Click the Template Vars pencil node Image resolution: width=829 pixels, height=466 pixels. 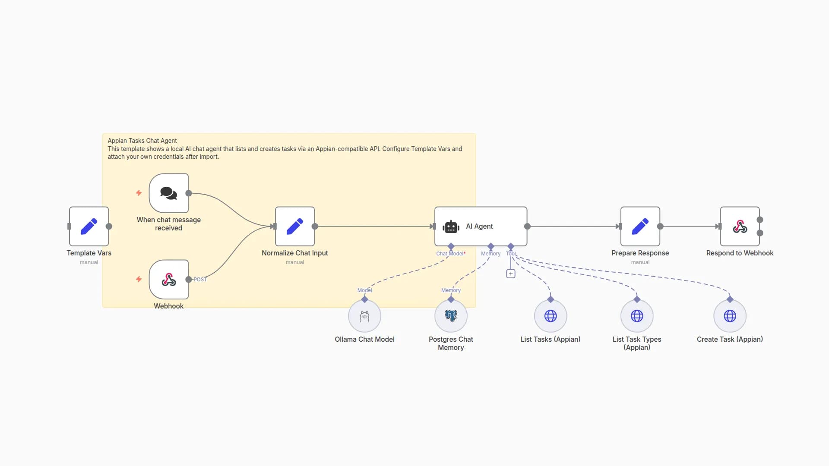(x=89, y=227)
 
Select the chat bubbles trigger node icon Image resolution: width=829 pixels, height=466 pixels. (x=168, y=193)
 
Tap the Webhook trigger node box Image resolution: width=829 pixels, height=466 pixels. (x=168, y=280)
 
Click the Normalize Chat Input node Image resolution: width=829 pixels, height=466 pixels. (x=295, y=227)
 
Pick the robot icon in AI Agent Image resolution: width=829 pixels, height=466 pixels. (x=451, y=227)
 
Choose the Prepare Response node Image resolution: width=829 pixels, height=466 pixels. (x=640, y=227)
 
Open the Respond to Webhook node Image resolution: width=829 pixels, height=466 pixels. (x=740, y=227)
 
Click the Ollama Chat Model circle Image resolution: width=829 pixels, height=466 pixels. (x=364, y=316)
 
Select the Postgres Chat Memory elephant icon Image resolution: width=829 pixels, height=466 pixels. (x=451, y=316)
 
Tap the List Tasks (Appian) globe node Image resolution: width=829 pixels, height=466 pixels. (x=551, y=316)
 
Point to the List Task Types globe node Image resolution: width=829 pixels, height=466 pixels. (x=637, y=316)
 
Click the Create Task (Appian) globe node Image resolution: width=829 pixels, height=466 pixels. (x=730, y=316)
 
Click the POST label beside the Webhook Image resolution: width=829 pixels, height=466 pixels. (x=200, y=280)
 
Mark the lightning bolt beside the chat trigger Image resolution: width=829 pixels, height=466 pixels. (x=139, y=193)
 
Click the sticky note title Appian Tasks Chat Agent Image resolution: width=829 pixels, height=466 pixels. (x=142, y=141)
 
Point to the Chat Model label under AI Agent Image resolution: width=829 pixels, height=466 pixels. (x=450, y=254)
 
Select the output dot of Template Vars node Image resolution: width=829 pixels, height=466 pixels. (x=109, y=227)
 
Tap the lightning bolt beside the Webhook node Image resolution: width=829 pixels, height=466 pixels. (x=139, y=279)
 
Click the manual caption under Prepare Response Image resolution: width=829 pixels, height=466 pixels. (x=640, y=262)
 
